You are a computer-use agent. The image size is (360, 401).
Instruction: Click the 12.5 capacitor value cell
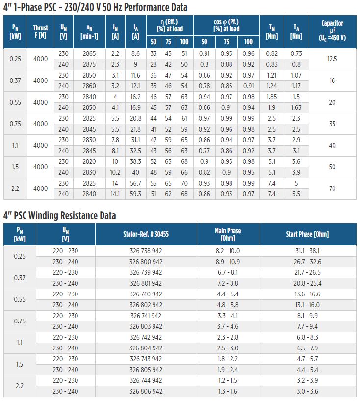332,59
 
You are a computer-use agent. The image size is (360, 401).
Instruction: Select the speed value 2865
89,53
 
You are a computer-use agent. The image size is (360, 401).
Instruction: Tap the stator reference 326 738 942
146,251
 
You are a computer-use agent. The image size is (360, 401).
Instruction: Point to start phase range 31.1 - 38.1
308,251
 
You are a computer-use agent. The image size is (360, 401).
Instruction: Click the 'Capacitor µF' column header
332,30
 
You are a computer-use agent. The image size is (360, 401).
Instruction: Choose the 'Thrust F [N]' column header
40,31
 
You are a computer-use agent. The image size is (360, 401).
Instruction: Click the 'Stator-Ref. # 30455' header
146,234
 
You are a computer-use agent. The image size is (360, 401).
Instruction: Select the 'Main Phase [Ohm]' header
228,234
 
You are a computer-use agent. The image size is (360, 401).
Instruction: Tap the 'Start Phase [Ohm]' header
308,234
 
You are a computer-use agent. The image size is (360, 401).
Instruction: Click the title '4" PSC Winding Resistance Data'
59,215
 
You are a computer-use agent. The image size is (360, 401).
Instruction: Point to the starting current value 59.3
135,194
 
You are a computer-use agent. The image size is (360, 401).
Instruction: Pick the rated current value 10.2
115,172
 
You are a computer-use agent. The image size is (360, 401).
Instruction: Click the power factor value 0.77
205,151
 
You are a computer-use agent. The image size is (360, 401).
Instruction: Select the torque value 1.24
272,86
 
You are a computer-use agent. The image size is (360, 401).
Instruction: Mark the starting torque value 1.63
296,107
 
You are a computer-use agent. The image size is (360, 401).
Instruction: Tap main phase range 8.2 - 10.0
228,251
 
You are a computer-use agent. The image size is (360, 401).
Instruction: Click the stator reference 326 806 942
146,391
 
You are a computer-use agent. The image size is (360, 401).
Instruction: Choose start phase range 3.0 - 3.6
308,391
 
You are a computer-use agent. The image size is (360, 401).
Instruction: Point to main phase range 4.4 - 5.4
228,294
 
